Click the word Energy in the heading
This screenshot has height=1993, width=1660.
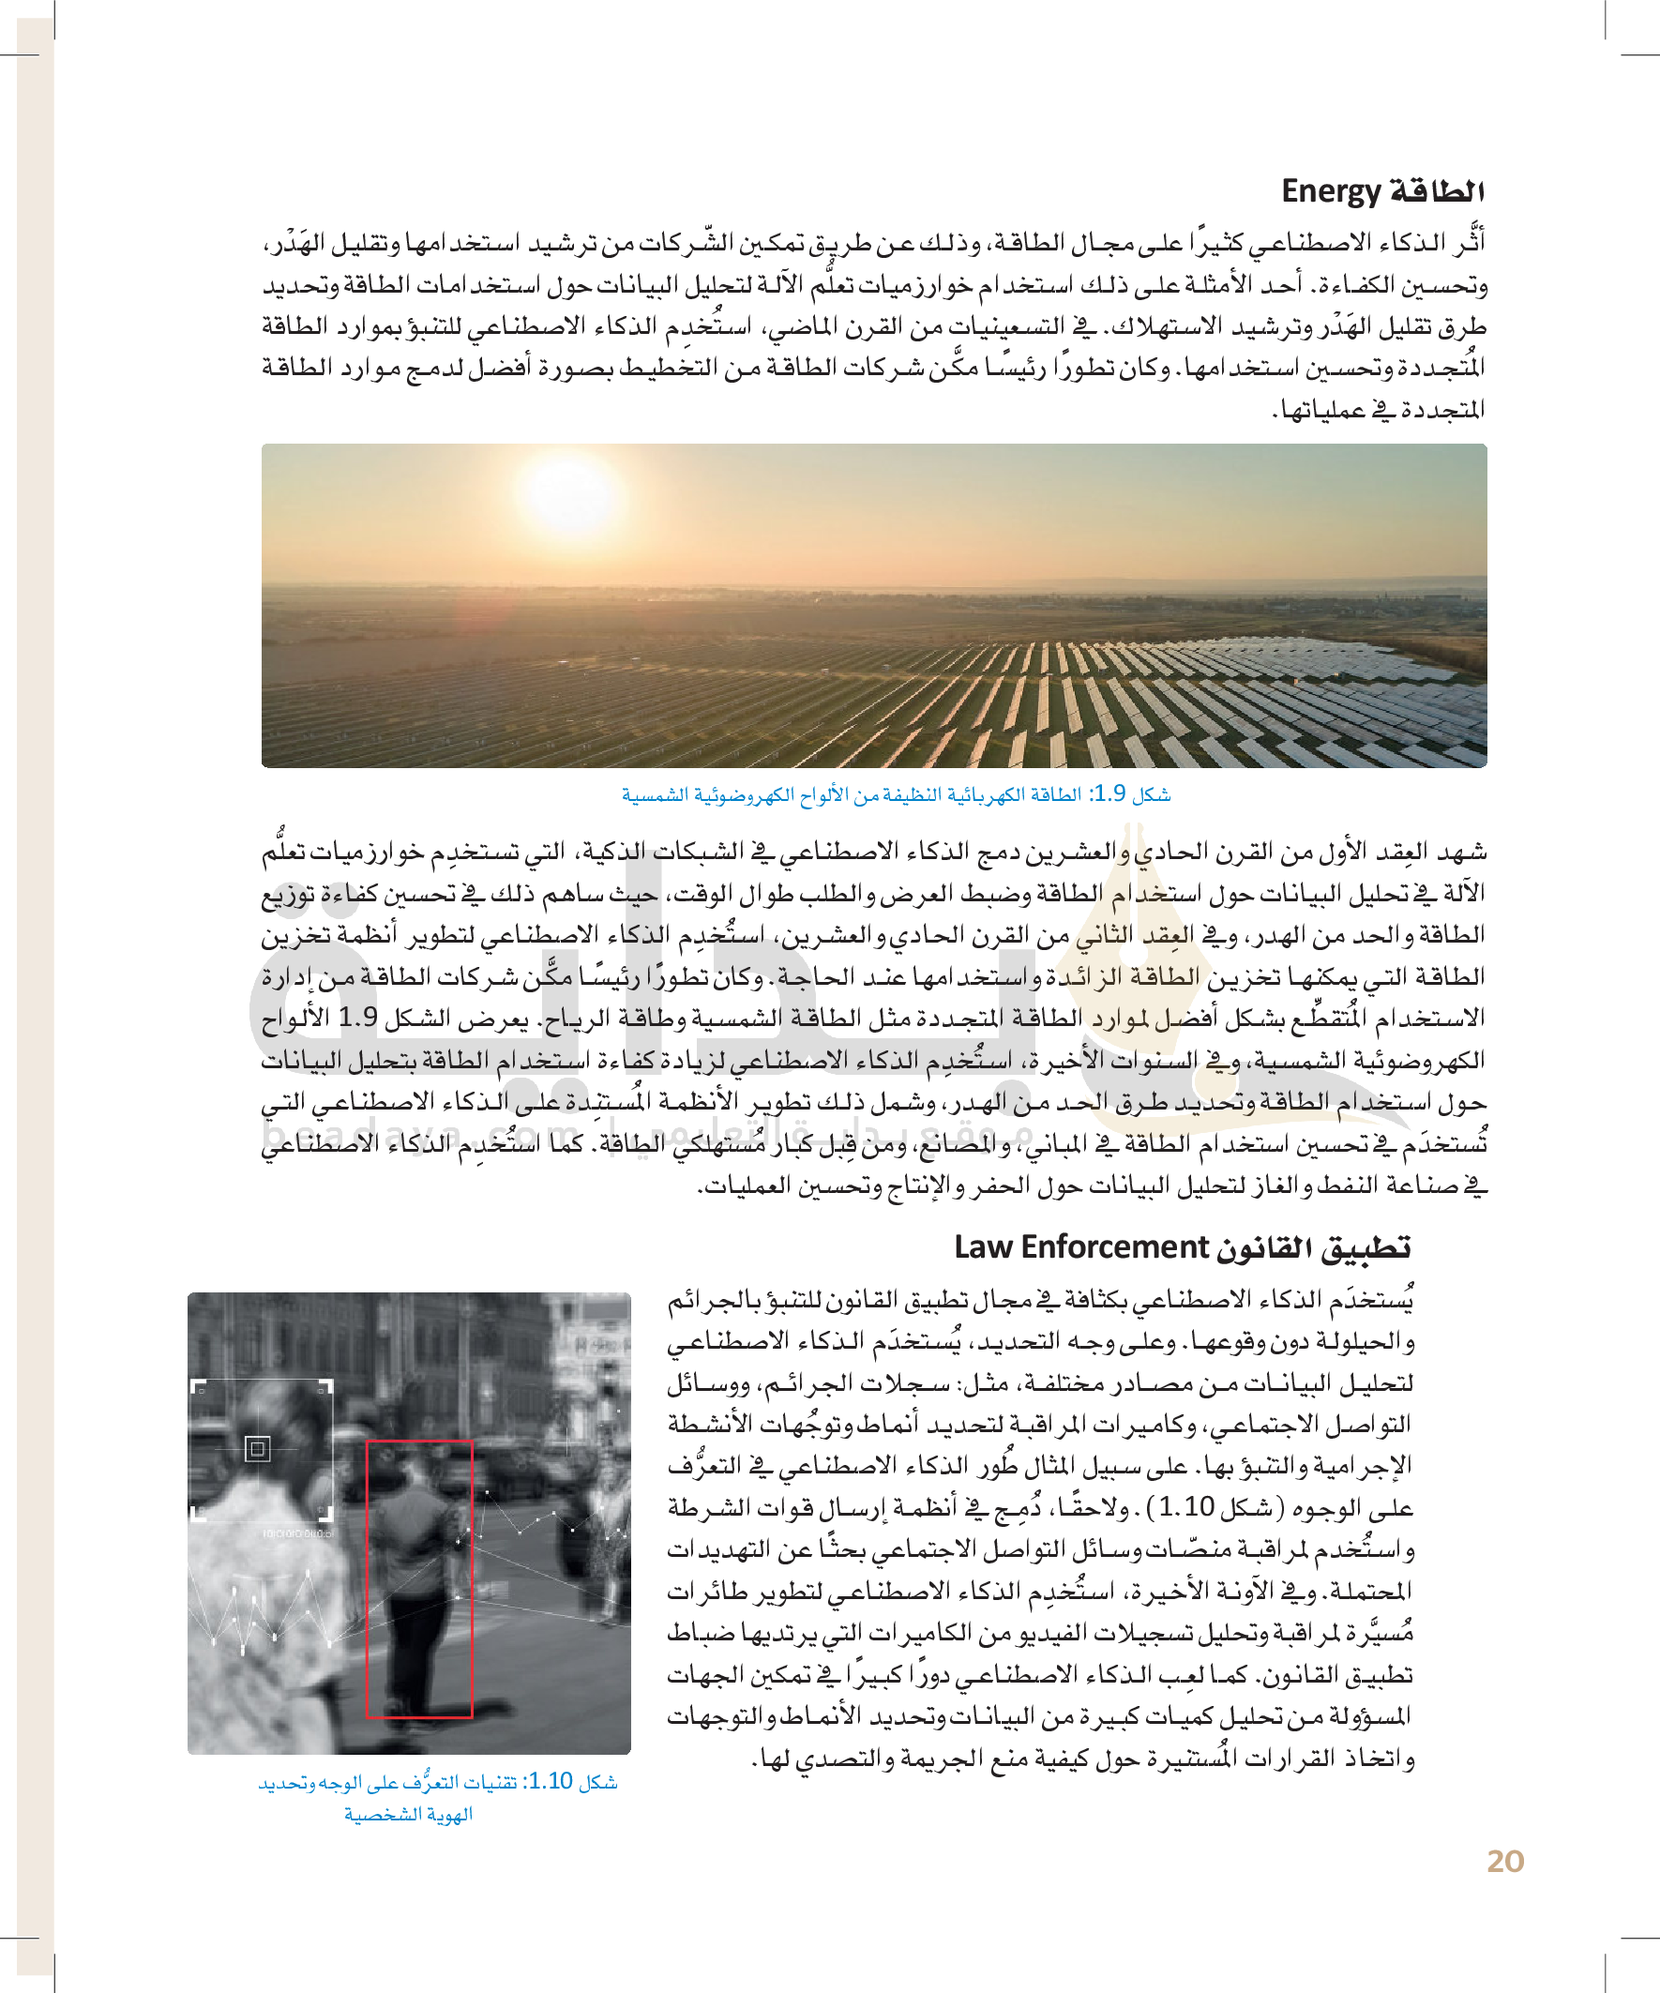1330,191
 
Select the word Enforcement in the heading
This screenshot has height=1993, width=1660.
1114,1247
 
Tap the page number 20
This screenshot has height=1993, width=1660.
1505,1861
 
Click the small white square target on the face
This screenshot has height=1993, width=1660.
257,1449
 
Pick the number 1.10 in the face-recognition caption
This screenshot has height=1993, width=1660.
549,1781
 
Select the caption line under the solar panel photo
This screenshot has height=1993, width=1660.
896,794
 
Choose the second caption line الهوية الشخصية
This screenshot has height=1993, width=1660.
408,1815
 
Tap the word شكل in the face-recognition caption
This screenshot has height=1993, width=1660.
598,1781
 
